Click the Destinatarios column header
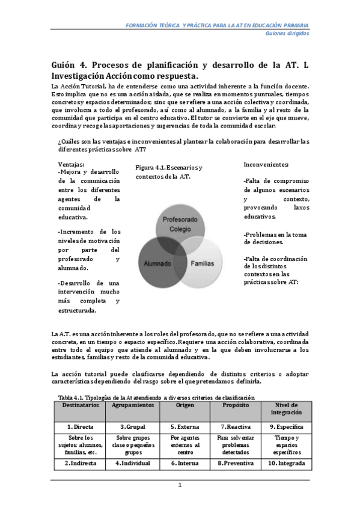[x=81, y=405]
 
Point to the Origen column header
[x=185, y=405]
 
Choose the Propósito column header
[x=235, y=405]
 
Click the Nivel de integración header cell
[x=286, y=409]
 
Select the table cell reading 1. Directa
[x=81, y=425]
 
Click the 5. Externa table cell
[x=185, y=425]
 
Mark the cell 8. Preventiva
[x=235, y=463]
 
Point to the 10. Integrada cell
[x=286, y=463]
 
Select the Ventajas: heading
[x=71, y=164]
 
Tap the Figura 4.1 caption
[x=168, y=171]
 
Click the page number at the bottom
[x=180, y=485]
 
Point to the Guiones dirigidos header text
[x=287, y=34]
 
